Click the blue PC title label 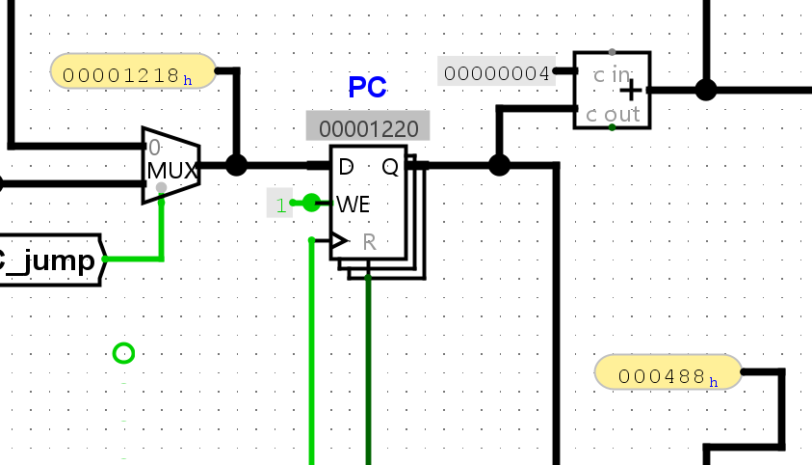(367, 88)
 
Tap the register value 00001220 (367, 128)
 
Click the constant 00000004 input (496, 72)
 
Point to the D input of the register (346, 167)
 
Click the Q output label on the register (389, 167)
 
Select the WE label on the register (354, 204)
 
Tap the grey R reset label (369, 241)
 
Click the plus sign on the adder (631, 91)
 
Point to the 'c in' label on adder (609, 72)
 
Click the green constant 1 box (279, 204)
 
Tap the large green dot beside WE (310, 203)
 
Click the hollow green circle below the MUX (123, 353)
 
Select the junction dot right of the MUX (236, 165)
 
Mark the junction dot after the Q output (498, 165)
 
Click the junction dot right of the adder (706, 90)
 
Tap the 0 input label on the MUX (154, 148)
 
